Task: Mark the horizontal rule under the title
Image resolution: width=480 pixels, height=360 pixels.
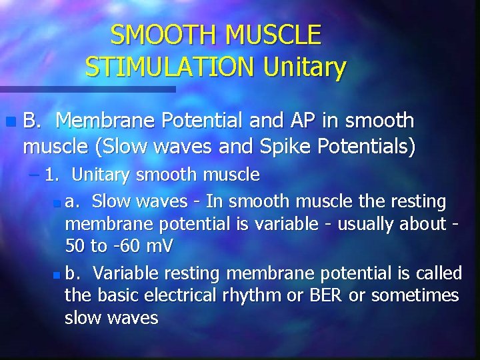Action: [87, 89]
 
